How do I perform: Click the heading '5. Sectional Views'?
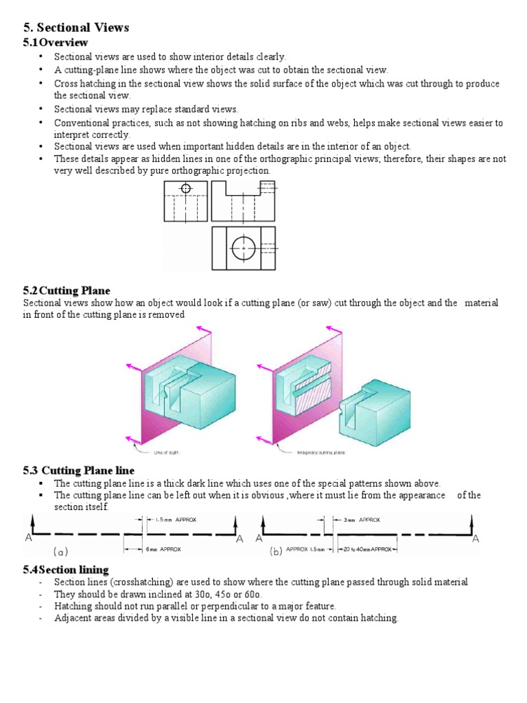pyautogui.click(x=76, y=28)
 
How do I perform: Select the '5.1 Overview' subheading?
pyautogui.click(x=56, y=43)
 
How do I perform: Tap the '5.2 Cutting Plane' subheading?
pyautogui.click(x=67, y=291)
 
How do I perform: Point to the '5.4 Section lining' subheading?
pyautogui.click(x=66, y=570)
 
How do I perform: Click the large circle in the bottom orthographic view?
pyautogui.click(x=243, y=247)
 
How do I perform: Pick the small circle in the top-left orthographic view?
pyautogui.click(x=186, y=187)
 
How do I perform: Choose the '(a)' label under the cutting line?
pyautogui.click(x=60, y=551)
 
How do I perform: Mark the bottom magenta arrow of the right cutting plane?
pyautogui.click(x=261, y=437)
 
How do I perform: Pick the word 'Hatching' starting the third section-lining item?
pyautogui.click(x=73, y=606)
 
